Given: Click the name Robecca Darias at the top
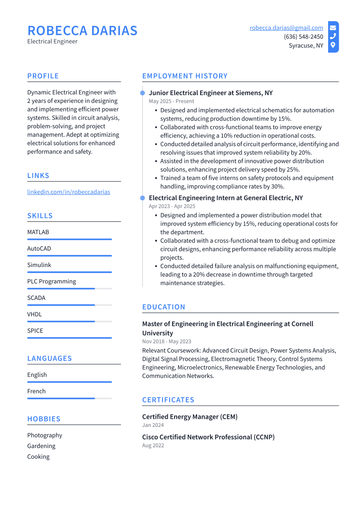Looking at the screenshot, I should tap(82, 31).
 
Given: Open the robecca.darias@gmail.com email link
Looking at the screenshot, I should tap(286, 28).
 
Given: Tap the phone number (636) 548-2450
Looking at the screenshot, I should tap(303, 37).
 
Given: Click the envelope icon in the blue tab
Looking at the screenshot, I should tap(333, 28).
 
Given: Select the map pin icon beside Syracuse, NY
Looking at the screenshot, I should tap(333, 45).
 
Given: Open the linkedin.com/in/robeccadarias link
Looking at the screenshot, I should tap(68, 192).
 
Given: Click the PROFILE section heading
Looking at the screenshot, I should tap(43, 76).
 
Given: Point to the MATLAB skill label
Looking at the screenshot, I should tap(38, 232).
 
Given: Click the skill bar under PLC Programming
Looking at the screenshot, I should tap(69, 289).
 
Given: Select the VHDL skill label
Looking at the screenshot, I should tap(35, 314).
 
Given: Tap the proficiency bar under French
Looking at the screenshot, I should tap(69, 398).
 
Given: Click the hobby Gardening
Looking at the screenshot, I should tap(41, 446).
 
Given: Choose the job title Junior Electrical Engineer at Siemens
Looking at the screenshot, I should tap(210, 93).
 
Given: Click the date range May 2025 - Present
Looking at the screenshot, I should tap(171, 101).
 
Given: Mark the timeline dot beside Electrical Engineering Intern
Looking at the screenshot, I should tap(142, 198).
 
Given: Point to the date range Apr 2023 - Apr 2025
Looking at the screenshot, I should tap(172, 206).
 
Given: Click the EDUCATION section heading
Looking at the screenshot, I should tap(163, 307).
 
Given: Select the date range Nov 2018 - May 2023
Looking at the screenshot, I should tap(166, 341).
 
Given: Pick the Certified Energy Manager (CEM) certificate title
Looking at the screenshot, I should tap(190, 417).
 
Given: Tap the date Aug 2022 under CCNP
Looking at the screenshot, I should tap(153, 445).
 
